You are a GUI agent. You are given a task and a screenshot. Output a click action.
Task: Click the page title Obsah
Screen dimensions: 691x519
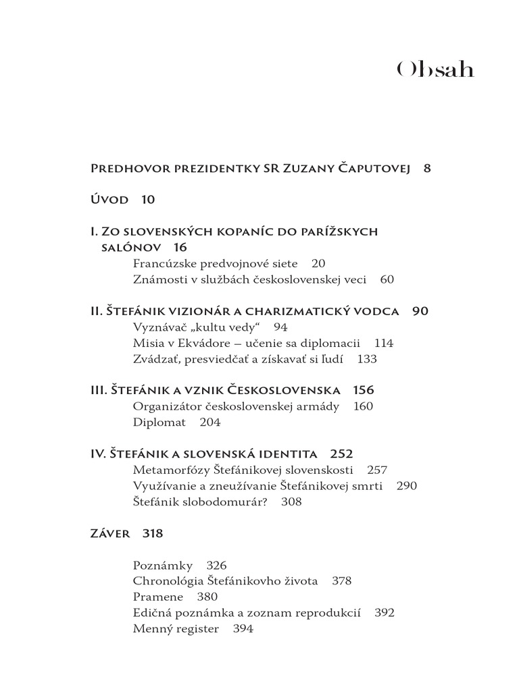[x=435, y=70]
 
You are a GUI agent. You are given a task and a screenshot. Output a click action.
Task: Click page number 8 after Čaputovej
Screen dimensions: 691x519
[x=427, y=168]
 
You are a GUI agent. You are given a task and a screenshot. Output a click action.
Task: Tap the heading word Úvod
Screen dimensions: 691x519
[x=109, y=199]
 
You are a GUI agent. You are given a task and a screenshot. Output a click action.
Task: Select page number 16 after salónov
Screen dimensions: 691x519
[x=179, y=247]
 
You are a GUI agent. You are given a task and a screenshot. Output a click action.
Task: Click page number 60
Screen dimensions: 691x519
[x=387, y=279]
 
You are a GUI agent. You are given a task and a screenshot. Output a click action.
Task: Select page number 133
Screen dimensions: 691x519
[x=367, y=359]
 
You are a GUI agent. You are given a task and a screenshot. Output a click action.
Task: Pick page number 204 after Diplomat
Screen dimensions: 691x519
[x=210, y=422]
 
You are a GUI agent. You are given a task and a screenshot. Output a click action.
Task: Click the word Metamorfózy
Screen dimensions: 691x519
[x=172, y=470]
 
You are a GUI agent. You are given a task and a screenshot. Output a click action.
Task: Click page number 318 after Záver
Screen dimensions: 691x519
[x=153, y=533]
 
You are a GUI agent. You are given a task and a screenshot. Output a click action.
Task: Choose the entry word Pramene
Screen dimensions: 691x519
[x=158, y=597]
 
